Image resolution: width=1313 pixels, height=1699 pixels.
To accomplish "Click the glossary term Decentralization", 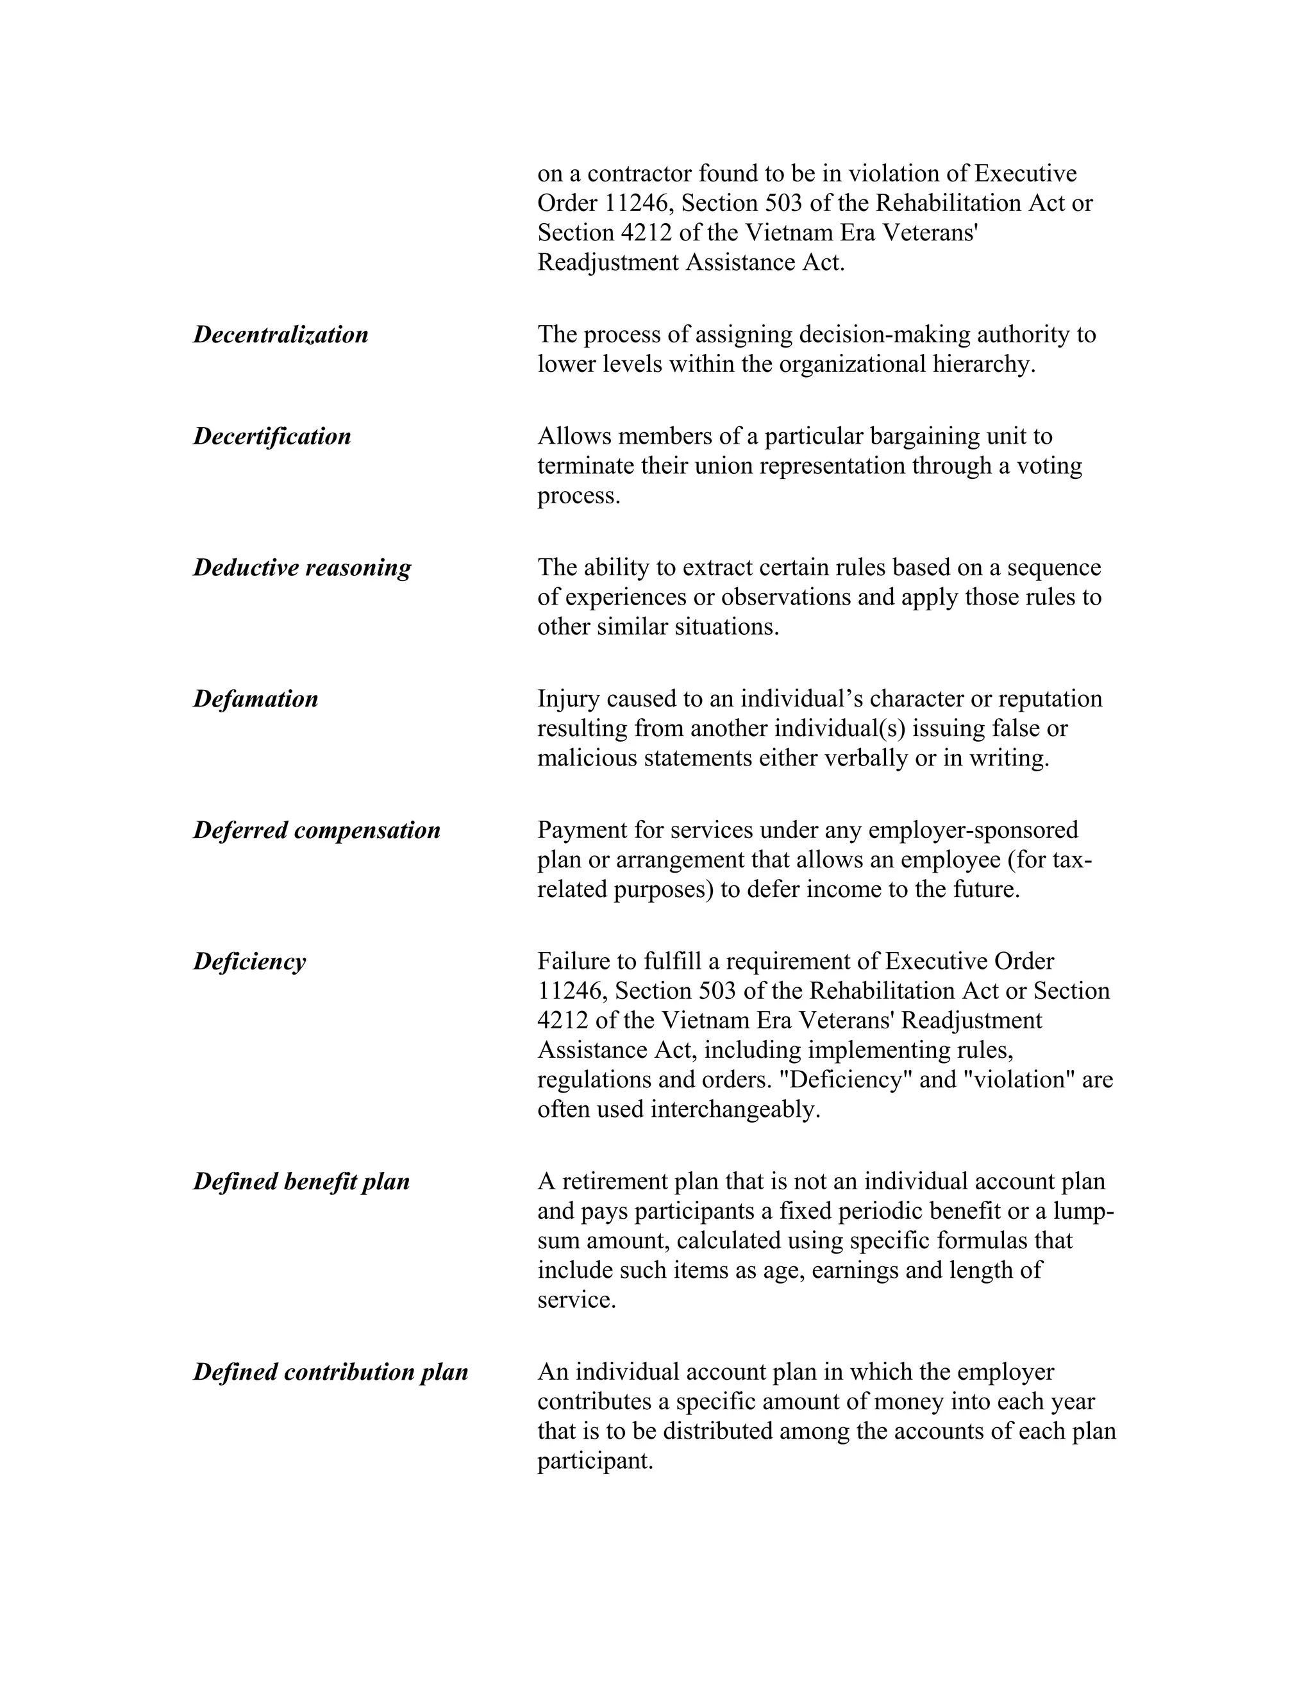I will click(280, 335).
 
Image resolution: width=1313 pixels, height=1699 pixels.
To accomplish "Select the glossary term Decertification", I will click(271, 437).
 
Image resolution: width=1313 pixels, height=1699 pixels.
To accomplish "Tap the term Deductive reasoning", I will click(302, 568).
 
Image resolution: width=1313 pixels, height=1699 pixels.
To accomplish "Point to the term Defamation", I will click(255, 699).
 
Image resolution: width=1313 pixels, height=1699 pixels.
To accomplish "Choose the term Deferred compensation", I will click(317, 830).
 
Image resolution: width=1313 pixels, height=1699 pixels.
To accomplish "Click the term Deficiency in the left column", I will click(249, 962).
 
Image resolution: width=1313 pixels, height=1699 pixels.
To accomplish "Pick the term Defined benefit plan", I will click(301, 1182).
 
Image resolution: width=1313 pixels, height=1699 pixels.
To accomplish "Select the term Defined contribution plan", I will click(331, 1371).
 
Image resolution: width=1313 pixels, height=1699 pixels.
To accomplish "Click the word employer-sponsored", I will click(973, 830).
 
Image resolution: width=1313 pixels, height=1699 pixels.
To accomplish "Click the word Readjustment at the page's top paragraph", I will click(608, 263).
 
